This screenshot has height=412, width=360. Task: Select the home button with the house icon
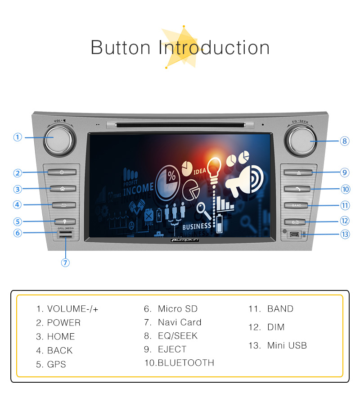62,189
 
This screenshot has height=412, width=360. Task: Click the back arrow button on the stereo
62,205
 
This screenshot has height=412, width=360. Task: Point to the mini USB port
295,234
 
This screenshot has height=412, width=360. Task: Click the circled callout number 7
66,263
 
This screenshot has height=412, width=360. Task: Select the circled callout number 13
345,234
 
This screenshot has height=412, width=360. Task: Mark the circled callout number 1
18,137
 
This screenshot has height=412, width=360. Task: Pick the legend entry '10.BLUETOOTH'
179,363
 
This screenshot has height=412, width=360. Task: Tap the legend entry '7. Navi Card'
173,322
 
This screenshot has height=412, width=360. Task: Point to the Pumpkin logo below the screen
184,240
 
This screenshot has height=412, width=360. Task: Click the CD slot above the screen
184,125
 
